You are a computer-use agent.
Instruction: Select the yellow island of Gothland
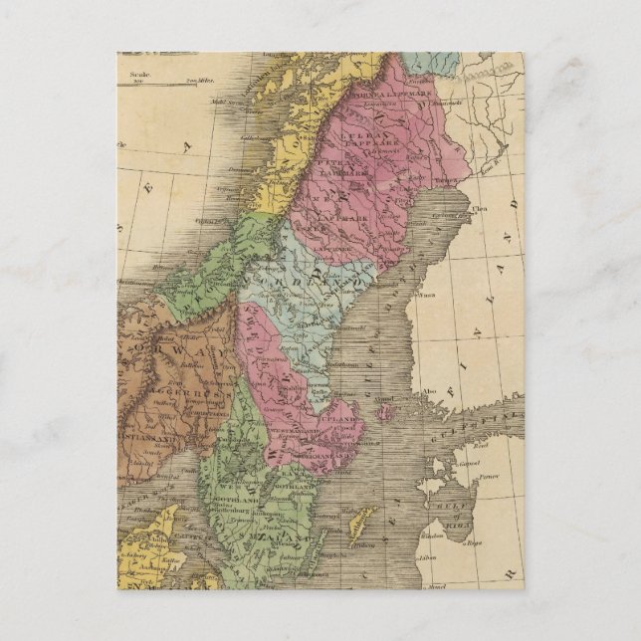click(x=362, y=519)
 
